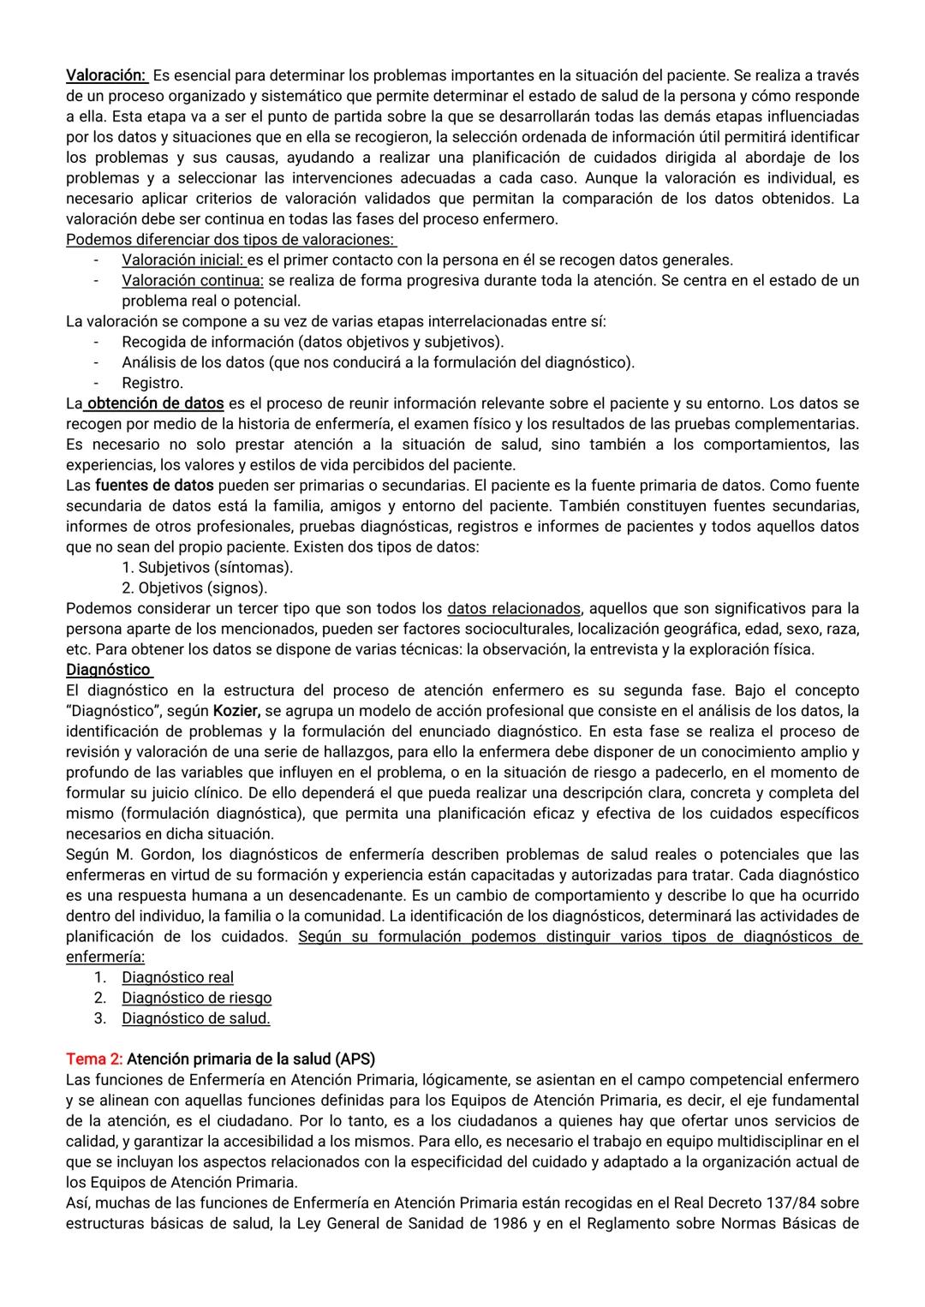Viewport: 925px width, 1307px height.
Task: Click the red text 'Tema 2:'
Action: click(x=94, y=1059)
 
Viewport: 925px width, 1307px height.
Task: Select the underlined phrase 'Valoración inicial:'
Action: click(x=183, y=260)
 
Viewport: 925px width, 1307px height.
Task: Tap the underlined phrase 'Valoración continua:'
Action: click(x=193, y=280)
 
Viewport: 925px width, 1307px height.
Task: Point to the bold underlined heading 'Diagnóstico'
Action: click(x=108, y=670)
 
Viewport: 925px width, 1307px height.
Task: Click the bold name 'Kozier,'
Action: click(x=237, y=711)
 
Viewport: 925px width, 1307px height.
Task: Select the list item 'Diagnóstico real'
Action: click(x=177, y=977)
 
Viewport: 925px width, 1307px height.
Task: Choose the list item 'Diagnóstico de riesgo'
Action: click(x=196, y=998)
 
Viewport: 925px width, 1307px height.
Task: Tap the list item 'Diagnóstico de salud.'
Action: click(x=195, y=1018)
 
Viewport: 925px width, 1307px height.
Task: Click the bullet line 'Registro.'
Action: click(x=152, y=383)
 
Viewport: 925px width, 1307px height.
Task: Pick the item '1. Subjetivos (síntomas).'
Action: click(x=207, y=567)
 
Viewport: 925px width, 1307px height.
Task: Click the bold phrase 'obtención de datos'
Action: click(x=155, y=403)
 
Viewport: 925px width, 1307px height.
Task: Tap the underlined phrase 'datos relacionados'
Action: click(x=514, y=608)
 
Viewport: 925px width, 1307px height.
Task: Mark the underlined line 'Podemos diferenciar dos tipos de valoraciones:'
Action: click(x=230, y=239)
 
